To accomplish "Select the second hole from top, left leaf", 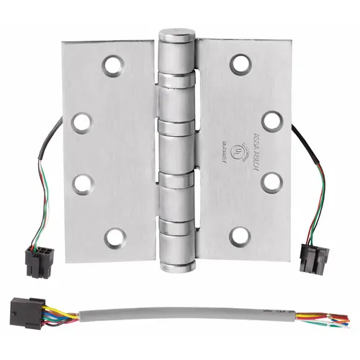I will (x=81, y=121).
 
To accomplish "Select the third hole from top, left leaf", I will (x=81, y=181).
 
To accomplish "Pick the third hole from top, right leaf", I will (x=271, y=181).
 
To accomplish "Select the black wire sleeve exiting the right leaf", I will (x=302, y=141).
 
